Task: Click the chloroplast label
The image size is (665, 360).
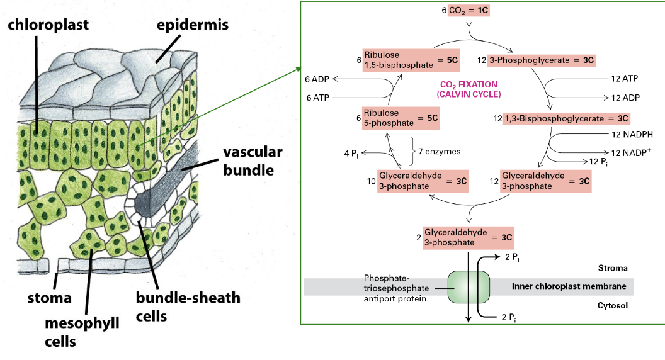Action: click(48, 25)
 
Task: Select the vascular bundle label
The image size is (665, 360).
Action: click(252, 161)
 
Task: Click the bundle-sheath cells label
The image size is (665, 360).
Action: click(188, 305)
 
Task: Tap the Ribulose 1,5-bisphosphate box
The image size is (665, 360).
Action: click(411, 60)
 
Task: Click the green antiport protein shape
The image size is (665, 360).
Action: click(469, 286)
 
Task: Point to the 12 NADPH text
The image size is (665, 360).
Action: click(632, 133)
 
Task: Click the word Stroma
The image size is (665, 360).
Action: click(612, 268)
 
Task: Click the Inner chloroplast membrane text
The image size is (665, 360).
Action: click(569, 286)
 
